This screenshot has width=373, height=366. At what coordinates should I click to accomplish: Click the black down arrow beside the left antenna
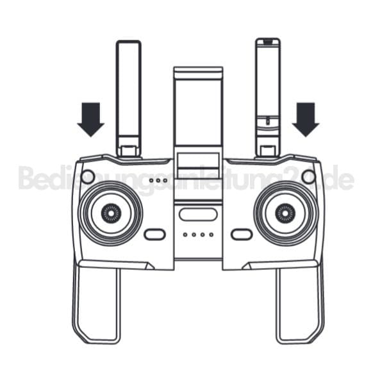90,119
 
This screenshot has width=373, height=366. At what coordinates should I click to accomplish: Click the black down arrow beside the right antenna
306,119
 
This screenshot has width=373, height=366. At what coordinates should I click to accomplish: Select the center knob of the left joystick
111,213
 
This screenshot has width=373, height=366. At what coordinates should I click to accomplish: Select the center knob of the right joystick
285,213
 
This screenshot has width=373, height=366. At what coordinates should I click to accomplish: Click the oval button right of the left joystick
154,235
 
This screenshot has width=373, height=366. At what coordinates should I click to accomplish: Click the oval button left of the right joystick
242,235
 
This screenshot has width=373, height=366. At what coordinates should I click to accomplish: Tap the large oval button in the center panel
198,214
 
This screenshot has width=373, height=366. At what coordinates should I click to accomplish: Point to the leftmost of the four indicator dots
185,235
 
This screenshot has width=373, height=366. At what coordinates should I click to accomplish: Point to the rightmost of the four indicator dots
211,235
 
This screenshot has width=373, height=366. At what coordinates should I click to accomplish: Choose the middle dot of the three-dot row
158,180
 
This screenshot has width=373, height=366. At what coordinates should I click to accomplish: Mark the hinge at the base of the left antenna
129,151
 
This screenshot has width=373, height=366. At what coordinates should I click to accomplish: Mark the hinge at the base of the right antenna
268,151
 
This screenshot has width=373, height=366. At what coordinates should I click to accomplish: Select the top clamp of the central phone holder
198,73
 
